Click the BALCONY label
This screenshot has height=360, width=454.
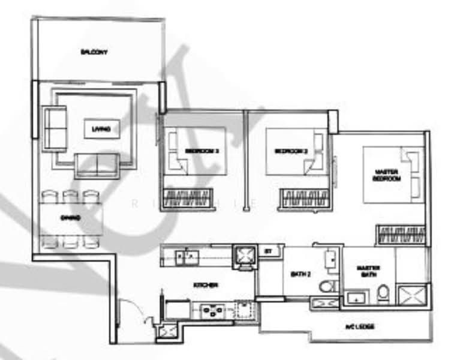pos(94,52)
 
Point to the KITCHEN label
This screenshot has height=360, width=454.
pos(205,285)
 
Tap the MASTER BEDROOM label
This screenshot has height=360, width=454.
pos(386,175)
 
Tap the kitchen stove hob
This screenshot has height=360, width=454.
pos(212,310)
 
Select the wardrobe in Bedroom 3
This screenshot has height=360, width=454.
pos(188,197)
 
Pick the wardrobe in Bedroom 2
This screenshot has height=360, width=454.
pos(303,199)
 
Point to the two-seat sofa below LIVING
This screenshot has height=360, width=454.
pos(98,164)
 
